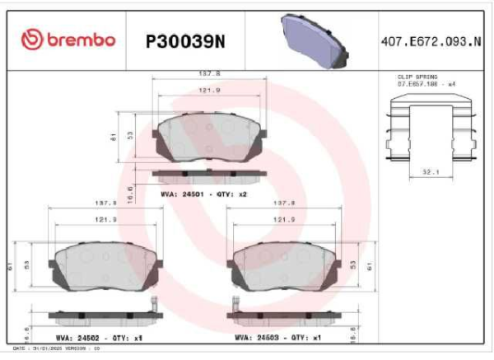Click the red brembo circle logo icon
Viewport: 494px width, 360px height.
(x=30, y=39)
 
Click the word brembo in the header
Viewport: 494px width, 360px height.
(x=81, y=40)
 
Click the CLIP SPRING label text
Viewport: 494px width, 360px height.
(x=417, y=77)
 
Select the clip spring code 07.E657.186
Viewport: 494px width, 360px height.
(x=418, y=84)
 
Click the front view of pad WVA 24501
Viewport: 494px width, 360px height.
(x=210, y=136)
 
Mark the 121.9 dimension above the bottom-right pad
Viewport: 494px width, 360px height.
(x=284, y=219)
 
